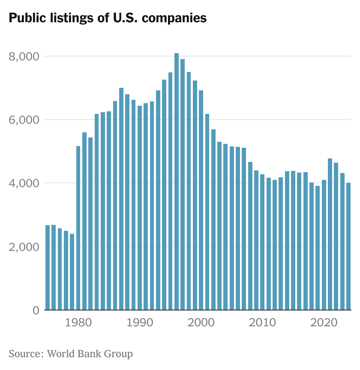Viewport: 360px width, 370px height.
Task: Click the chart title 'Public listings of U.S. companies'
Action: (x=108, y=18)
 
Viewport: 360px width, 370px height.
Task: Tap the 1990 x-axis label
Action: (x=140, y=322)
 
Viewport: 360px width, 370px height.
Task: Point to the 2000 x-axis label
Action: (x=201, y=322)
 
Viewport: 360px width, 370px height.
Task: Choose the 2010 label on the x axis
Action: (x=262, y=322)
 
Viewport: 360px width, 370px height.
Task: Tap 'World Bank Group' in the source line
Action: (x=90, y=354)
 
